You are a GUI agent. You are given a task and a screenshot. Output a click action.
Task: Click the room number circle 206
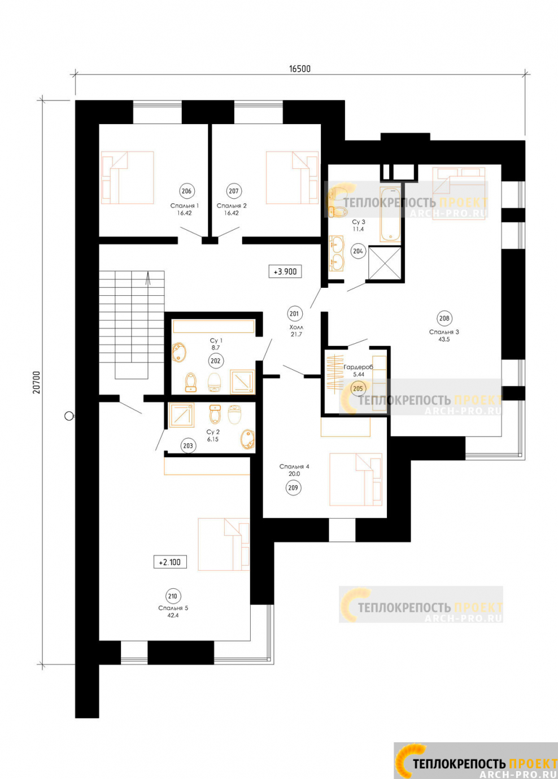(x=186, y=191)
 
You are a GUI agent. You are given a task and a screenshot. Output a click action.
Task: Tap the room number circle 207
(x=233, y=191)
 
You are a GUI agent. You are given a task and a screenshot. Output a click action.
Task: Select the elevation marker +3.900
(x=285, y=272)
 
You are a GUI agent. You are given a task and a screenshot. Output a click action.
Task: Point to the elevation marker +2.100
(x=170, y=562)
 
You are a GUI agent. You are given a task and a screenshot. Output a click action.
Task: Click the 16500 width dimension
(x=300, y=69)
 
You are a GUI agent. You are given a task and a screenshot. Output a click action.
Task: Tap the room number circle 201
(x=294, y=314)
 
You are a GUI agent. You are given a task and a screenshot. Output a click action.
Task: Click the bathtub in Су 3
(x=390, y=215)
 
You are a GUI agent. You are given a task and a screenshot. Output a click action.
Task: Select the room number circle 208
(x=444, y=318)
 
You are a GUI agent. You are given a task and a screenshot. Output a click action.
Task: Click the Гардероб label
(x=358, y=367)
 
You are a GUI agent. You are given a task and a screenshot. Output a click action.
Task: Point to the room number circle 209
(x=293, y=488)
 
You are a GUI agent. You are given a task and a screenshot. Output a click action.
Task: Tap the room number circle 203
(x=188, y=446)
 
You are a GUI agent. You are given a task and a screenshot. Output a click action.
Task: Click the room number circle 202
(x=216, y=361)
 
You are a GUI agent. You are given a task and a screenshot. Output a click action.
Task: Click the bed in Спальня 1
(x=127, y=177)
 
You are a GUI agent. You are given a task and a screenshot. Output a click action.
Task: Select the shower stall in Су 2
(x=181, y=415)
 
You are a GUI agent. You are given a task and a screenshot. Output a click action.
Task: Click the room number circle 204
(x=358, y=251)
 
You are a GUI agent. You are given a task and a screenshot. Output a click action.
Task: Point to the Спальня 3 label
(x=444, y=332)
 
